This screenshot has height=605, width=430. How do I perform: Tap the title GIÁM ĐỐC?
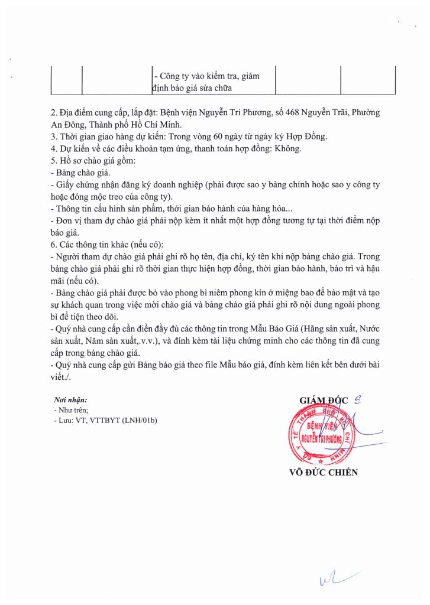click(x=325, y=400)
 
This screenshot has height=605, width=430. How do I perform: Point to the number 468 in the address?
click(x=286, y=112)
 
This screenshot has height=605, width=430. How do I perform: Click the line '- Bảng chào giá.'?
click(x=81, y=173)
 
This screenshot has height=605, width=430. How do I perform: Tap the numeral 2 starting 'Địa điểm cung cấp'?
click(x=53, y=112)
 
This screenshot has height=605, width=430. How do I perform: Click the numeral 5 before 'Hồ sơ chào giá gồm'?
click(x=53, y=161)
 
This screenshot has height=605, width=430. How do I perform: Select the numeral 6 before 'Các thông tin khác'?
click(x=53, y=244)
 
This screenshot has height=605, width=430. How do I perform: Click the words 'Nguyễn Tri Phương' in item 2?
click(x=221, y=112)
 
